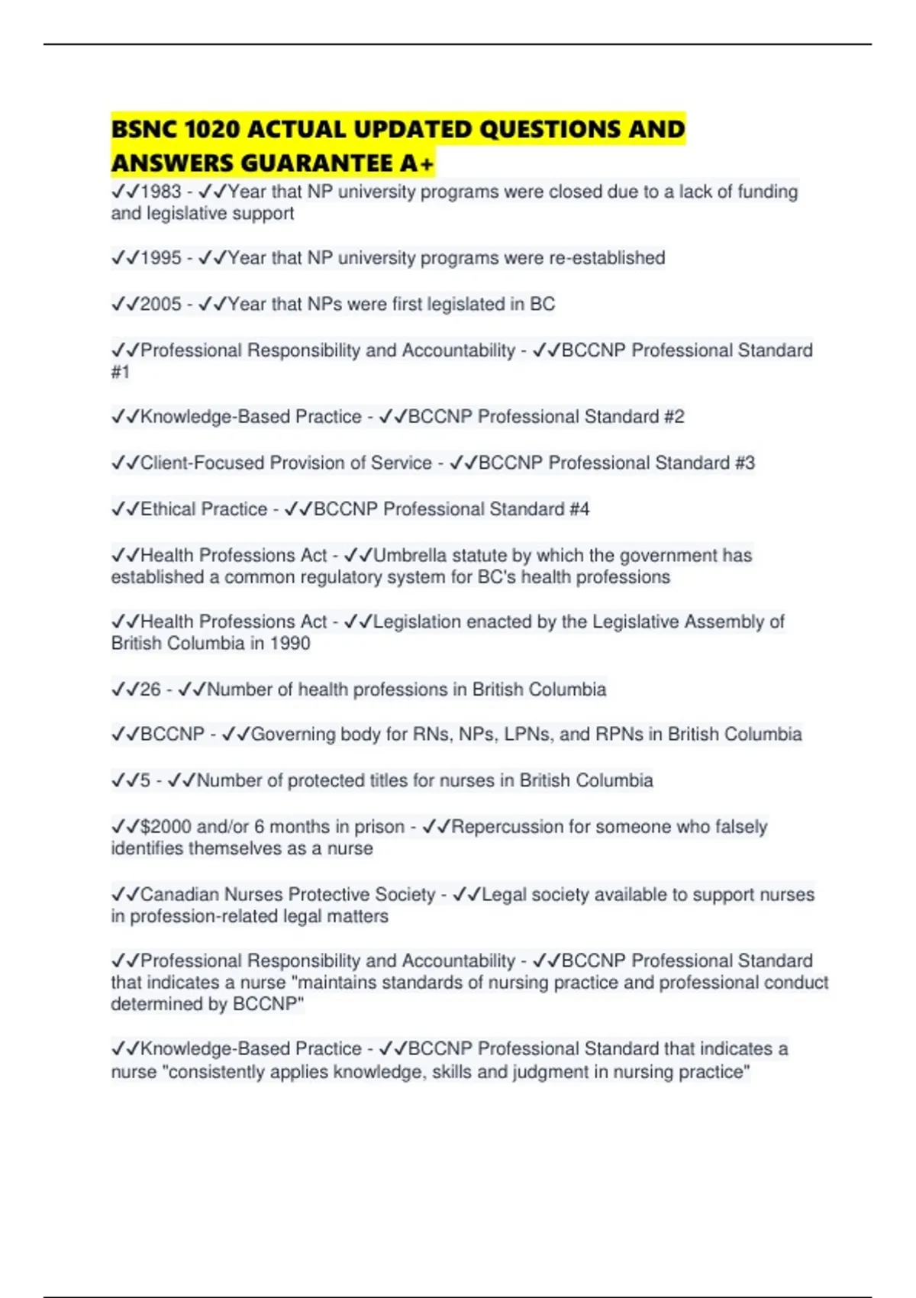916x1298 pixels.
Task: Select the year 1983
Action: tap(161, 192)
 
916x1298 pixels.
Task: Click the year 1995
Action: tap(161, 258)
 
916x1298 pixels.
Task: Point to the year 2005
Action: tap(161, 304)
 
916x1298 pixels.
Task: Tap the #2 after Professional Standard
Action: tap(674, 417)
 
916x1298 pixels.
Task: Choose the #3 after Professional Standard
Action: tap(744, 463)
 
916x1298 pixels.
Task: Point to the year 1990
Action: tap(290, 643)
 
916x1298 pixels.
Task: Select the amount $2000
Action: tap(166, 827)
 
